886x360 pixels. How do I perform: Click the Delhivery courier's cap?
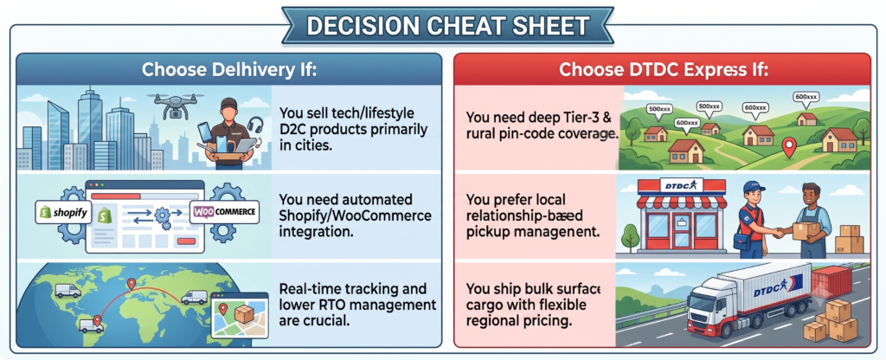point(228,104)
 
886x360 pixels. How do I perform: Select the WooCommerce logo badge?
point(225,213)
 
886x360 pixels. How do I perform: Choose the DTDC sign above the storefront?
point(682,185)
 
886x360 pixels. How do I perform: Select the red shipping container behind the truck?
point(831,283)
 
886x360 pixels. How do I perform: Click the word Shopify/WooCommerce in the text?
point(356,215)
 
